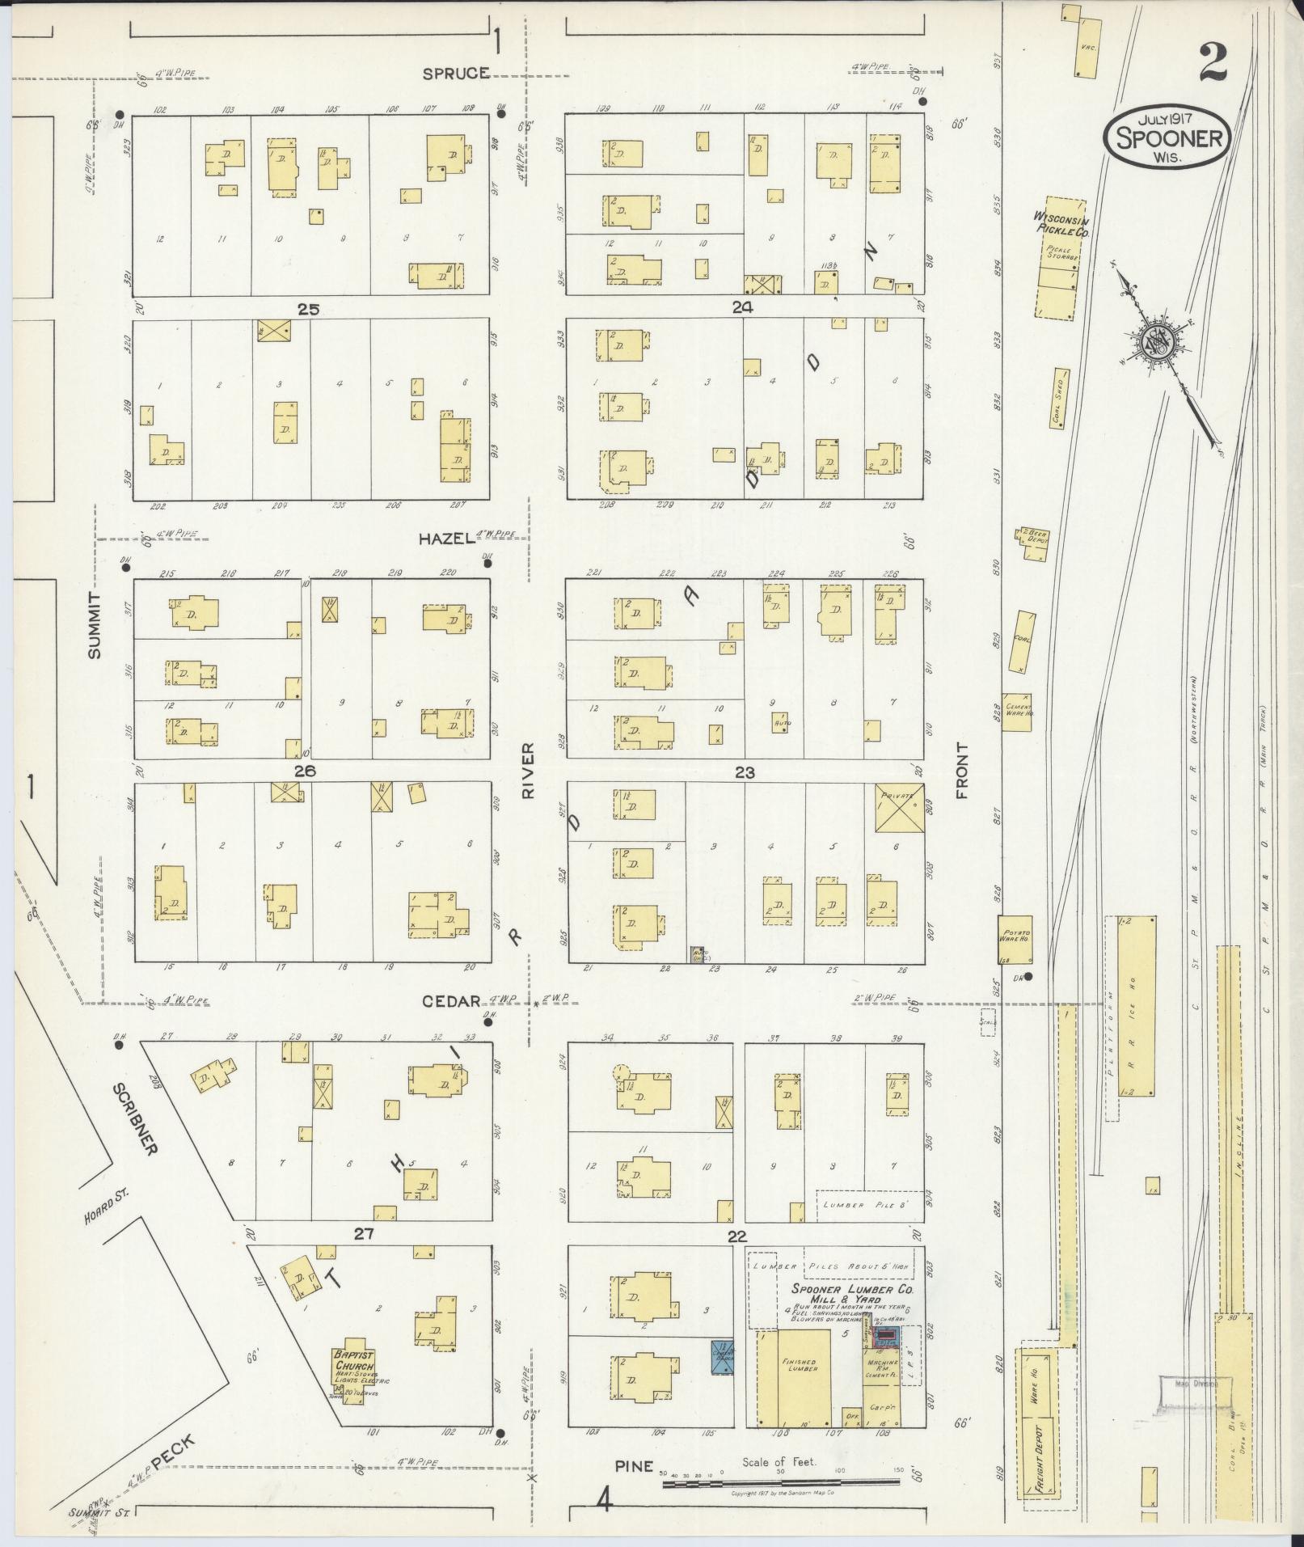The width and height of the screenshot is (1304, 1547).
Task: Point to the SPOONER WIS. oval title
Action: [x=1168, y=138]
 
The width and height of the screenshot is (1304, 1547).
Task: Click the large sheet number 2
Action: [x=1214, y=62]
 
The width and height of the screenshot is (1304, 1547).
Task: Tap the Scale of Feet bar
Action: [x=780, y=1482]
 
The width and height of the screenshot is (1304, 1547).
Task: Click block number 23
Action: [x=745, y=772]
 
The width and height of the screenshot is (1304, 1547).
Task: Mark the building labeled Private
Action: [x=899, y=807]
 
